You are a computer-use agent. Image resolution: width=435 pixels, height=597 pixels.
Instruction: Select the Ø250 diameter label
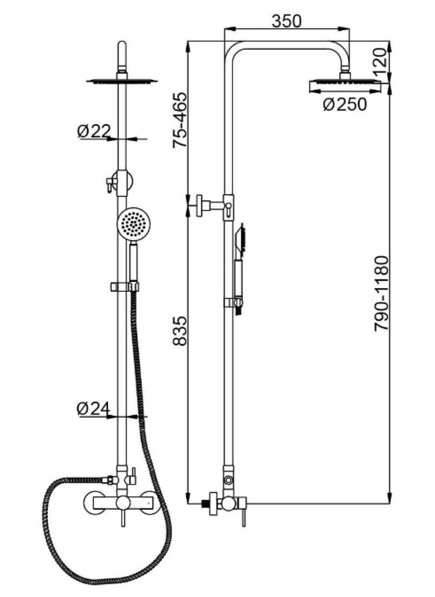pos(345,104)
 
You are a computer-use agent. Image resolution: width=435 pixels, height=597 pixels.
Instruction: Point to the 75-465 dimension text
pos(180,120)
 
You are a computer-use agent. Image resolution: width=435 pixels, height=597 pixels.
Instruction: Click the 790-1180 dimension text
pos(381,294)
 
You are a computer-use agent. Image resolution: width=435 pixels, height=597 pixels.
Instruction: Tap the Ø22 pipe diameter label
pos(94,131)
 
